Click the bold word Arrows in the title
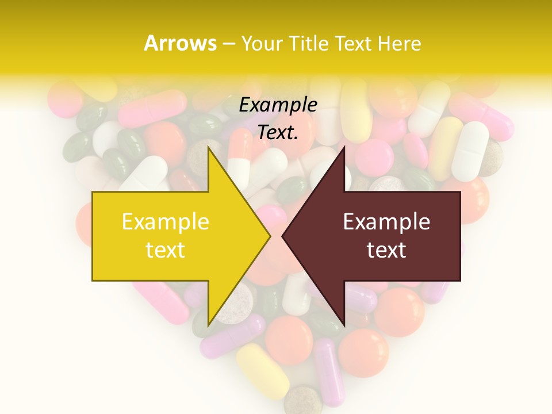[x=180, y=43]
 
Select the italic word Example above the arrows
[x=278, y=105]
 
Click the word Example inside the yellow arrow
[x=165, y=221]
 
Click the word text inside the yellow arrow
[x=165, y=250]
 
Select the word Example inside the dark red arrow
[x=386, y=221]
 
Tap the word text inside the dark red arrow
[x=386, y=250]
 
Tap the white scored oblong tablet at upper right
[x=470, y=151]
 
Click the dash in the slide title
[x=228, y=44]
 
